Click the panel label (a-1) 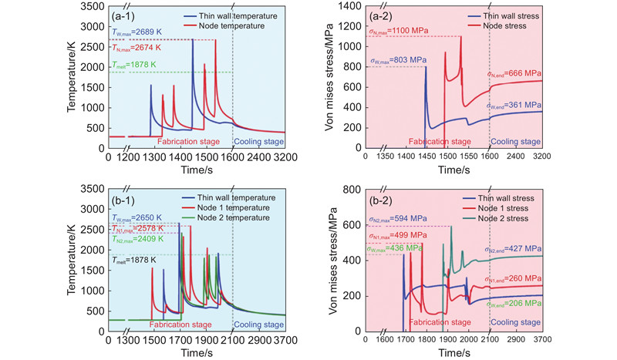point(125,14)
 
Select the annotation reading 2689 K point(137,33)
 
